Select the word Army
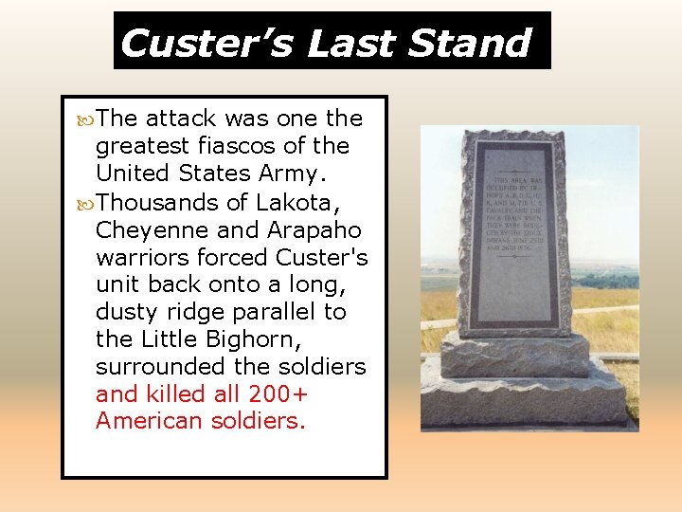point(314,174)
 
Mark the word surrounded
point(155,366)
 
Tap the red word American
point(143,421)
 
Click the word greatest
point(143,147)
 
